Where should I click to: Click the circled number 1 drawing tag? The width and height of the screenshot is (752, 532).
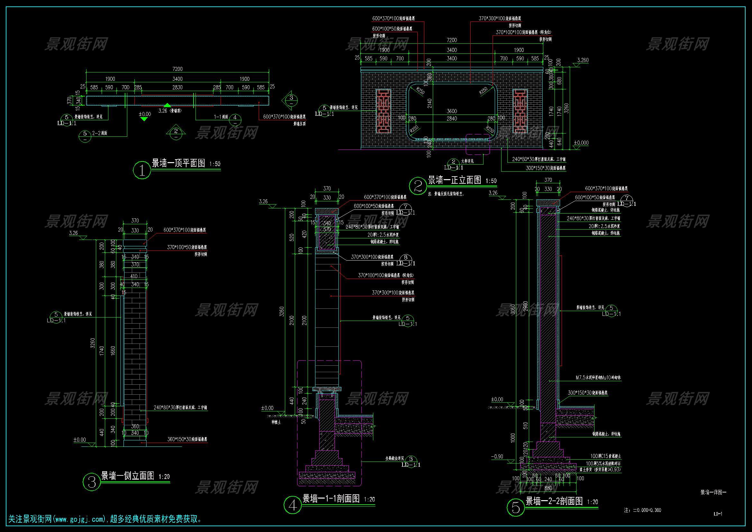pos(142,170)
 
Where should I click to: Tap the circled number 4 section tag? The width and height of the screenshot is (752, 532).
pos(293,506)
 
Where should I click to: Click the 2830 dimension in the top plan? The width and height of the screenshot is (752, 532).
pos(177,87)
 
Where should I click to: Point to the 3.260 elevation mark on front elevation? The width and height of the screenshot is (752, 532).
pos(583,60)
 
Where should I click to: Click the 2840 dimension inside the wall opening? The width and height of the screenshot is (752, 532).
pos(452,119)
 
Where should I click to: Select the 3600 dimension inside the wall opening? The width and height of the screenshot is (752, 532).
pos(452,111)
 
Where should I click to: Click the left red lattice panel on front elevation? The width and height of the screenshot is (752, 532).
pos(383,111)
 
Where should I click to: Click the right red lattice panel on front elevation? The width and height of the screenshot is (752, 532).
pos(520,111)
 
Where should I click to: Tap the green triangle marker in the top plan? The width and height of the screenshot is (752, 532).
pos(167,105)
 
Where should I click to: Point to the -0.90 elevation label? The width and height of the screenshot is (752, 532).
pos(497,457)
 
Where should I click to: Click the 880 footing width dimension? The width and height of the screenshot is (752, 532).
pos(548,488)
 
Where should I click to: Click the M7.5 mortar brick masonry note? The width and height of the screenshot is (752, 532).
pos(598,378)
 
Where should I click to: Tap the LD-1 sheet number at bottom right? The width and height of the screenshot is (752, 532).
pos(718,514)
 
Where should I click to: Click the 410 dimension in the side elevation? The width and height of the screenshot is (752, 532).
pos(134,277)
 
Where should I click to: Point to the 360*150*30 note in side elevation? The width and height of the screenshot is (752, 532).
pos(187,439)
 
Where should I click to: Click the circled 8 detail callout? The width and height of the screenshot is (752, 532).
pos(405,258)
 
